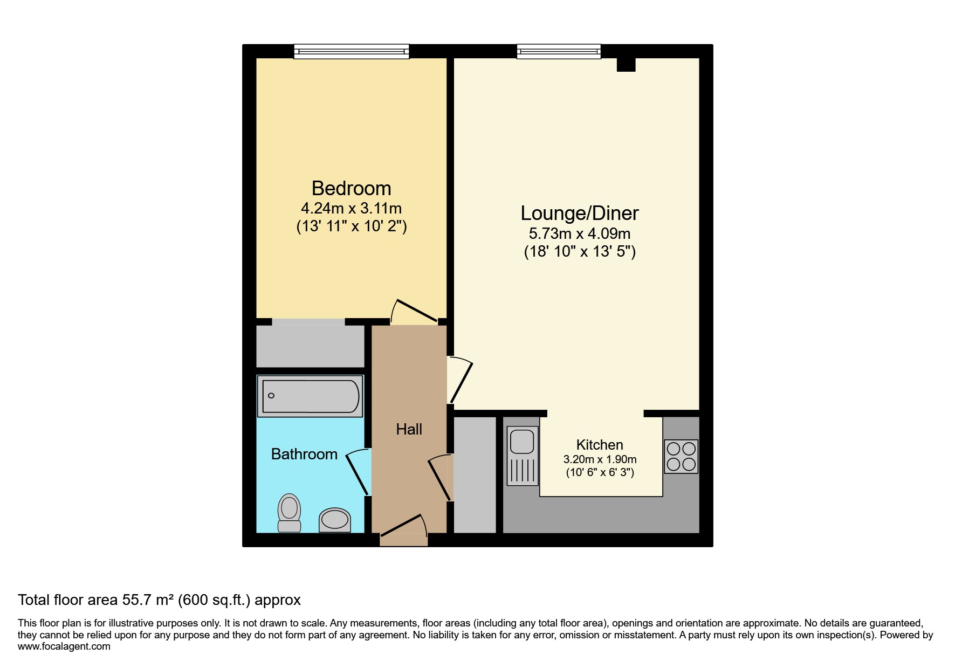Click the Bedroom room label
coord(352,188)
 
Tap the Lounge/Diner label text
coord(580,213)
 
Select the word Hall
coord(409,429)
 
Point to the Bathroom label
coord(304,454)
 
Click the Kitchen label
coord(600,445)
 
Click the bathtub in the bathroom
coord(310,396)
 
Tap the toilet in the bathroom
coord(290,513)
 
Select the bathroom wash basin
coord(334,520)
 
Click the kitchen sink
coord(522,456)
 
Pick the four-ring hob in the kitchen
coord(681,457)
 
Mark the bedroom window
coord(352,51)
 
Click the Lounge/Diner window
coord(559,51)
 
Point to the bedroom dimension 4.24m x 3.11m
coord(352,208)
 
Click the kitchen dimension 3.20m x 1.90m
coord(600,459)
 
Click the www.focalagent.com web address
coord(64,646)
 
